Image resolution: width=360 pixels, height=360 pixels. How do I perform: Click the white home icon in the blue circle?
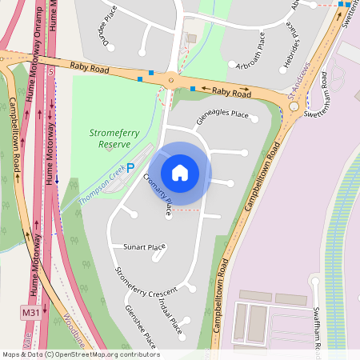coord(180,173)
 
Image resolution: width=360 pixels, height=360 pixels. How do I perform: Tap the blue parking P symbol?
coord(130,170)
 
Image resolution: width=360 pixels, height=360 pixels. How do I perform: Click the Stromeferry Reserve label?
coord(114,138)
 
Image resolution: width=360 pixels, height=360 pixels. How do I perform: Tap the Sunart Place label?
coord(144,247)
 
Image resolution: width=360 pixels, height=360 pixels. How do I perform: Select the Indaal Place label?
coord(170,318)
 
